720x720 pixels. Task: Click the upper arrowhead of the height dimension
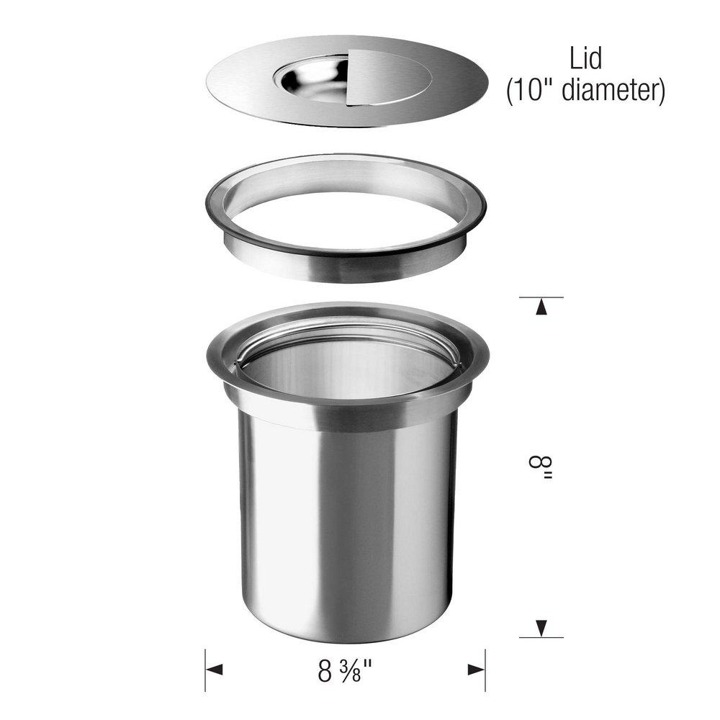(541, 307)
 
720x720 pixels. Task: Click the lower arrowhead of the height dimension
(541, 627)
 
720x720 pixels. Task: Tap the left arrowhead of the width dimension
(215, 670)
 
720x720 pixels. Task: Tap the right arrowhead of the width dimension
(476, 670)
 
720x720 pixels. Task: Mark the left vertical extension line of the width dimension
(205, 670)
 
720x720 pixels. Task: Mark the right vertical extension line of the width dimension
(485, 670)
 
